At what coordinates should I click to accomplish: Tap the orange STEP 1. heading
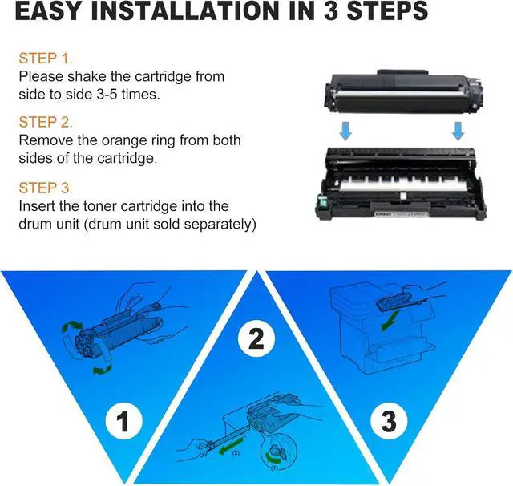[x=46, y=59]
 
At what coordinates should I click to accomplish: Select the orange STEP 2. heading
[x=46, y=123]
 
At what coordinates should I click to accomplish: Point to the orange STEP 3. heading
[x=46, y=188]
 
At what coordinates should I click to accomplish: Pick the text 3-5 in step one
[x=107, y=95]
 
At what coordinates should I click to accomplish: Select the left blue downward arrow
[x=345, y=131]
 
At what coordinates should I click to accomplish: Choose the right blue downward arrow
[x=458, y=131]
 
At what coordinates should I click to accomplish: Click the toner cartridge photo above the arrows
[x=404, y=92]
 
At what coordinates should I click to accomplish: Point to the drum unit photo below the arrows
[x=400, y=184]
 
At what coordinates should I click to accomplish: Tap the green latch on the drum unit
[x=322, y=201]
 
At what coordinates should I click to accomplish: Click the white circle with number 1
[x=123, y=422]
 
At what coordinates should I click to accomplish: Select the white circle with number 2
[x=256, y=338]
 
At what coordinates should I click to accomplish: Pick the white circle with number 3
[x=389, y=421]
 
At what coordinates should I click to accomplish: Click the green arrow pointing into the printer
[x=390, y=320]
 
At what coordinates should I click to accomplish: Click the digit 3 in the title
[x=331, y=10]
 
